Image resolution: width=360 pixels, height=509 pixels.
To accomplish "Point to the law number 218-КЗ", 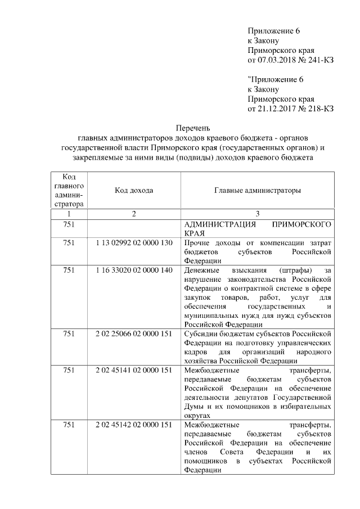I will (317, 109).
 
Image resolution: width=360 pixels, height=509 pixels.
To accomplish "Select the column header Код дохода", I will (134, 191).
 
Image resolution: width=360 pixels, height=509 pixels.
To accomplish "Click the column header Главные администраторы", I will (257, 191).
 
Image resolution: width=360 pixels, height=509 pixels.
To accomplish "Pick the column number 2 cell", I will (134, 214).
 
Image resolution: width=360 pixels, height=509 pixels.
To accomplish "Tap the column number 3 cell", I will (257, 214).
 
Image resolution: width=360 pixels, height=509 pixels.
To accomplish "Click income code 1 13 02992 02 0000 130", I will (134, 242).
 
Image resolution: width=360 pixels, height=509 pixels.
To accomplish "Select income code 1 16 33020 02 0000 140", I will (134, 271).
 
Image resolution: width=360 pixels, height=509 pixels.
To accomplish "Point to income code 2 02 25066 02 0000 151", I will (134, 334).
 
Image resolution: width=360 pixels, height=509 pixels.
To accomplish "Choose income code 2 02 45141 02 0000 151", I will (134, 371).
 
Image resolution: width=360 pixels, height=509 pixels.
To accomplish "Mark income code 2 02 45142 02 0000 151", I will (134, 425).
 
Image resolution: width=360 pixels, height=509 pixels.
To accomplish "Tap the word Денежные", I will (201, 271).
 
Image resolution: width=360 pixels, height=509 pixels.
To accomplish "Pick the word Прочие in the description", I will (197, 242).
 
